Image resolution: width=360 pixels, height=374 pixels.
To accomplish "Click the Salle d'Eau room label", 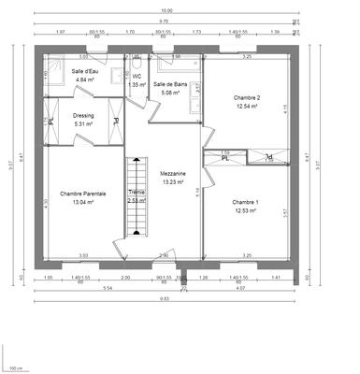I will pyautogui.click(x=86, y=71).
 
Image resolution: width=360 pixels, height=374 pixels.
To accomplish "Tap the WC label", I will pyautogui.click(x=137, y=76).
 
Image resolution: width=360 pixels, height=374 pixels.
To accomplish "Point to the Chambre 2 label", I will pyautogui.click(x=245, y=97).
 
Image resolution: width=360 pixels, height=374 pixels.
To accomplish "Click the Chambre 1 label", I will pyautogui.click(x=245, y=202).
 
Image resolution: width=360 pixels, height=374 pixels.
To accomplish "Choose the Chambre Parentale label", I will pyautogui.click(x=83, y=194).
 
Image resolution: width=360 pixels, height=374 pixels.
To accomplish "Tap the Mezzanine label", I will pyautogui.click(x=172, y=174).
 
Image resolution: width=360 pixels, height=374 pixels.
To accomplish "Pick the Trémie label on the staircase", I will pyautogui.click(x=137, y=192).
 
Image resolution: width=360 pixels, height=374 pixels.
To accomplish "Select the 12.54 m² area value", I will pyautogui.click(x=245, y=106).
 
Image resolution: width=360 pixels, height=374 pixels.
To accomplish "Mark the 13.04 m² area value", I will pyautogui.click(x=83, y=202).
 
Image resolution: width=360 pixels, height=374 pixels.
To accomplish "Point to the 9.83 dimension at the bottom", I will pyautogui.click(x=164, y=298).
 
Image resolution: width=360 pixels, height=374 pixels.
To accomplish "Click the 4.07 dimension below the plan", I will pyautogui.click(x=240, y=288).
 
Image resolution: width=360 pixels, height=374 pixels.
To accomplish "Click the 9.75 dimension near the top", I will pyautogui.click(x=164, y=21).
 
